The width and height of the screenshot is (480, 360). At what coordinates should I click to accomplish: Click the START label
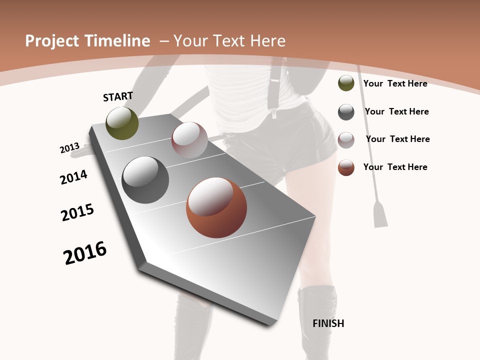coord(118,96)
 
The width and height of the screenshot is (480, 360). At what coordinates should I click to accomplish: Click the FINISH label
coord(328,323)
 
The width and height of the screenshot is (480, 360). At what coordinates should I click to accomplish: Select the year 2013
coord(70,148)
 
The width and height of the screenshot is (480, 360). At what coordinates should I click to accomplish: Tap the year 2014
coord(74,177)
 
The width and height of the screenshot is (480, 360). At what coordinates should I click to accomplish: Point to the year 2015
coord(77,212)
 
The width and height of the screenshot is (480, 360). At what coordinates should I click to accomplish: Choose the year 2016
coord(85,252)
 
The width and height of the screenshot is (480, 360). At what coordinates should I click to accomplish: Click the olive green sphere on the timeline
coord(122,123)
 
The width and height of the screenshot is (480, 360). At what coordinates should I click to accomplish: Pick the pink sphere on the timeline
coord(189,140)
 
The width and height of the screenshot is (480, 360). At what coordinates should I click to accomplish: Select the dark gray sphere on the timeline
coord(145,180)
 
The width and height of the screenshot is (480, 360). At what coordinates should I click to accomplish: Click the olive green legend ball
coord(346,83)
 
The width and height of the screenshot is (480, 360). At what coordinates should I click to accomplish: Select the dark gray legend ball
coord(346,112)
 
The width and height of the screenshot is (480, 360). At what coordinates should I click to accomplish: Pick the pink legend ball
coord(346,139)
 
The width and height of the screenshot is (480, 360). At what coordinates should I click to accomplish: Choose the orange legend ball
coord(346,167)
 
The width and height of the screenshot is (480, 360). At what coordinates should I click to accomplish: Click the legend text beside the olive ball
coord(395,83)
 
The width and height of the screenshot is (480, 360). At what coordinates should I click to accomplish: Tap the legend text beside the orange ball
coord(395,167)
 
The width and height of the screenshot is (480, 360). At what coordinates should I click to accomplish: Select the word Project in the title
coord(51,41)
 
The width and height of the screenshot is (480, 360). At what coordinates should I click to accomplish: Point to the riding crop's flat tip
coord(380,213)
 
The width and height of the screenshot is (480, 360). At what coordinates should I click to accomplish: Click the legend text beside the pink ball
coord(397,139)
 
